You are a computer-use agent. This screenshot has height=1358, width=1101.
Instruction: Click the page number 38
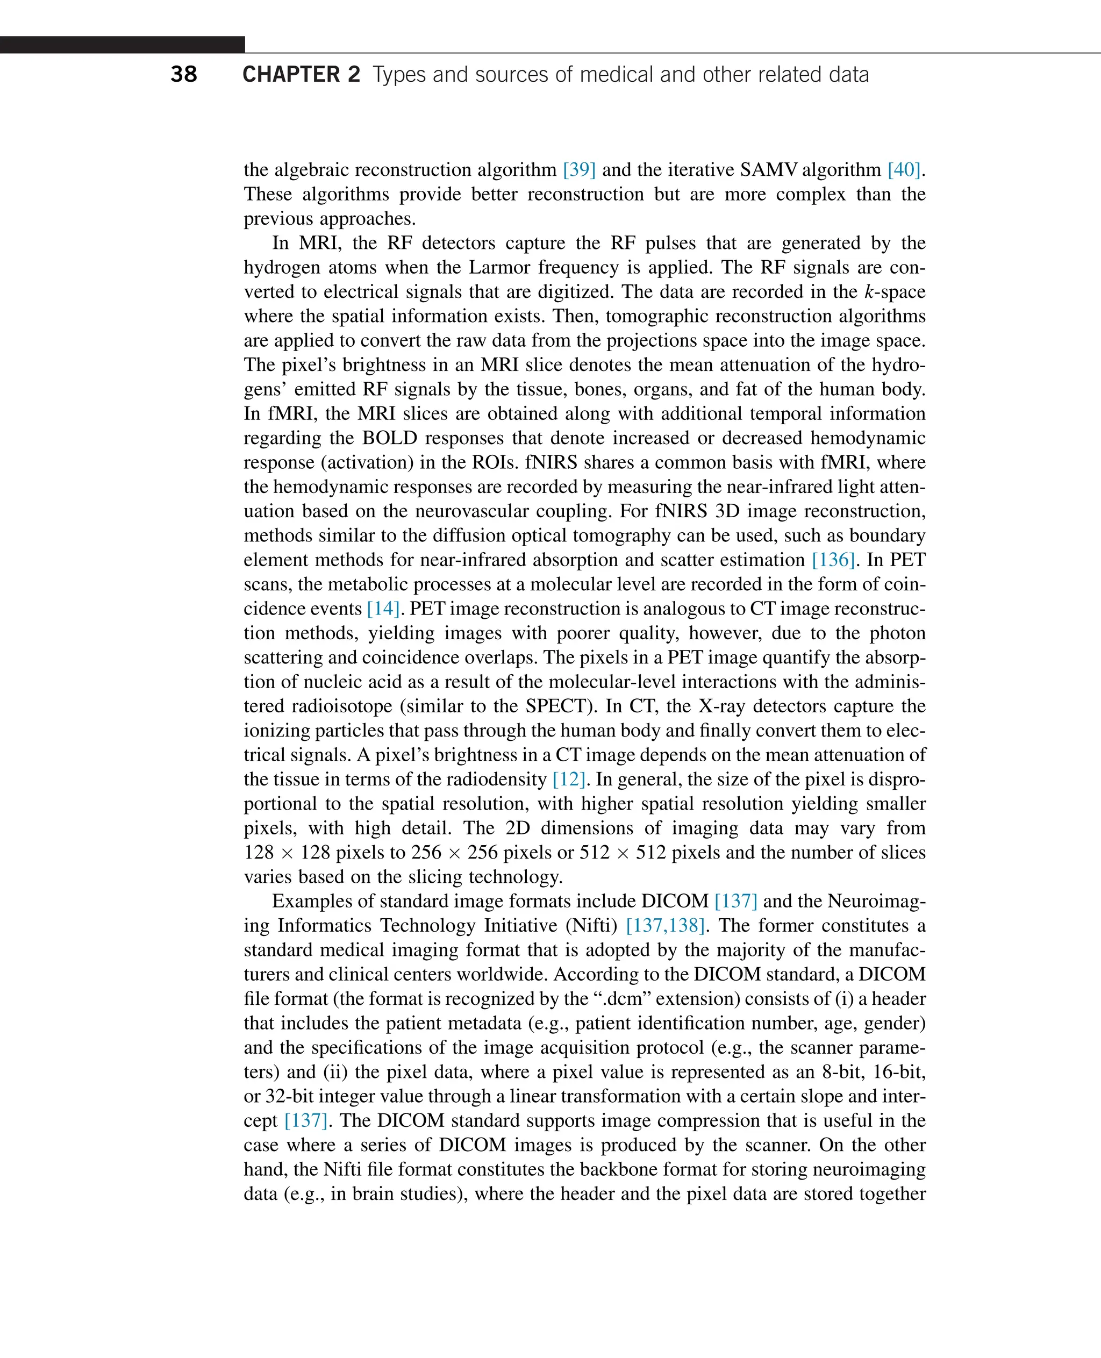click(183, 75)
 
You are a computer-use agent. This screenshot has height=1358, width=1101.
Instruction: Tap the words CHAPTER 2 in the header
click(301, 75)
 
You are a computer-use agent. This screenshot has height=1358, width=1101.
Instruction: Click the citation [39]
click(578, 170)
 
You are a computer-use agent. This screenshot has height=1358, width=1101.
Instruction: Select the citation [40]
click(904, 170)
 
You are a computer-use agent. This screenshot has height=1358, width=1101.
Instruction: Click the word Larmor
click(501, 268)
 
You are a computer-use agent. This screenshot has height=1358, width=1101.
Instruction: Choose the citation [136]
click(833, 560)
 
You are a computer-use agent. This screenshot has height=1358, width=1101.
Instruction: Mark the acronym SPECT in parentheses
click(555, 706)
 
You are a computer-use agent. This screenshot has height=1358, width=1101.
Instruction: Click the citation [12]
click(568, 780)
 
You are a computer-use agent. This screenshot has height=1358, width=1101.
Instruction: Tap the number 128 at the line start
click(259, 853)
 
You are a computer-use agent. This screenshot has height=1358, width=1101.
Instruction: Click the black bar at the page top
click(122, 45)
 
